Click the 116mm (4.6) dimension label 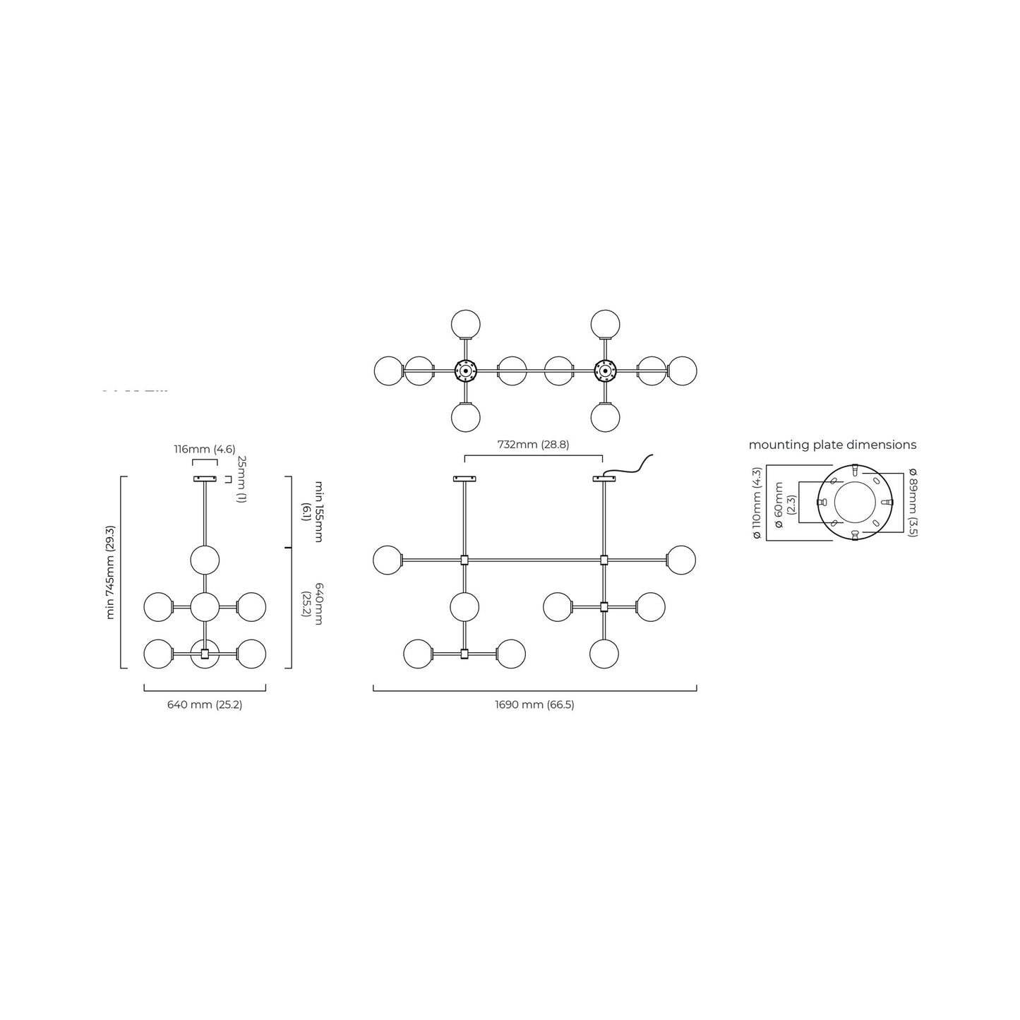205,450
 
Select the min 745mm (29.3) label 110,572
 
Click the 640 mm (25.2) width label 205,704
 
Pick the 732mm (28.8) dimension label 533,445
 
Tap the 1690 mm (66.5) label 534,704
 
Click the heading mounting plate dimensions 832,445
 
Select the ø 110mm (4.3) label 757,503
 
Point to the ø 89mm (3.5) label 913,502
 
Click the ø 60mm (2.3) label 784,505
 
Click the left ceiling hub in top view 466,371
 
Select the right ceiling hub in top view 605,371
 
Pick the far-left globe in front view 388,560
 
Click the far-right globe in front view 681,560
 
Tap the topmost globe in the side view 205,560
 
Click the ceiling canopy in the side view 205,479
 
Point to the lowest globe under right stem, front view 604,654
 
